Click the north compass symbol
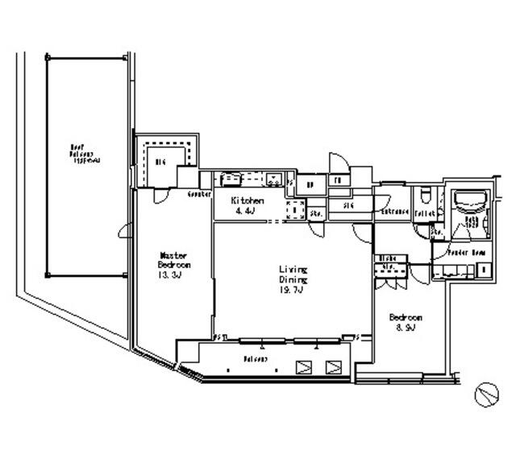pyautogui.click(x=486, y=394)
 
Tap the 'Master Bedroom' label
pyautogui.click(x=173, y=261)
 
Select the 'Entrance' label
pyautogui.click(x=396, y=212)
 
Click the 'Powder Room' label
pyautogui.click(x=467, y=252)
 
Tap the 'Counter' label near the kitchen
pyautogui.click(x=199, y=195)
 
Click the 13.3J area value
pyautogui.click(x=173, y=274)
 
